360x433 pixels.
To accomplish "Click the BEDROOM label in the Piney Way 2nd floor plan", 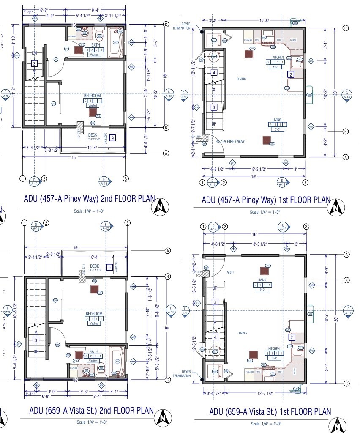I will [93, 96].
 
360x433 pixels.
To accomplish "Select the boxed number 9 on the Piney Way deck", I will [112, 138].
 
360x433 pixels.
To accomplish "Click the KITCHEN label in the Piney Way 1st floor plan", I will [278, 57].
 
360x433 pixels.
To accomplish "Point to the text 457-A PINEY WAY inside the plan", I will [231, 142].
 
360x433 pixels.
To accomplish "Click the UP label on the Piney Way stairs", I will [214, 124].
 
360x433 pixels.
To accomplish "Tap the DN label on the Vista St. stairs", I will [35, 351].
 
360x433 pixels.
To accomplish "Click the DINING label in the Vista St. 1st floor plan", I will [242, 333].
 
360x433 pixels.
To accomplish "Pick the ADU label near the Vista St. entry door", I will [230, 273].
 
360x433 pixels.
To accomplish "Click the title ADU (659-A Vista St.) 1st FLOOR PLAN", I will [270, 411].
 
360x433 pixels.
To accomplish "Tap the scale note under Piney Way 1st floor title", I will [265, 212].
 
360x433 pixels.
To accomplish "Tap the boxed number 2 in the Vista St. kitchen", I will [292, 337].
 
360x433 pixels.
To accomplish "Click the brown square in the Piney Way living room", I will [266, 140].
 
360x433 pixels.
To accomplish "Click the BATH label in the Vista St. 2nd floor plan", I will [93, 351].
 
